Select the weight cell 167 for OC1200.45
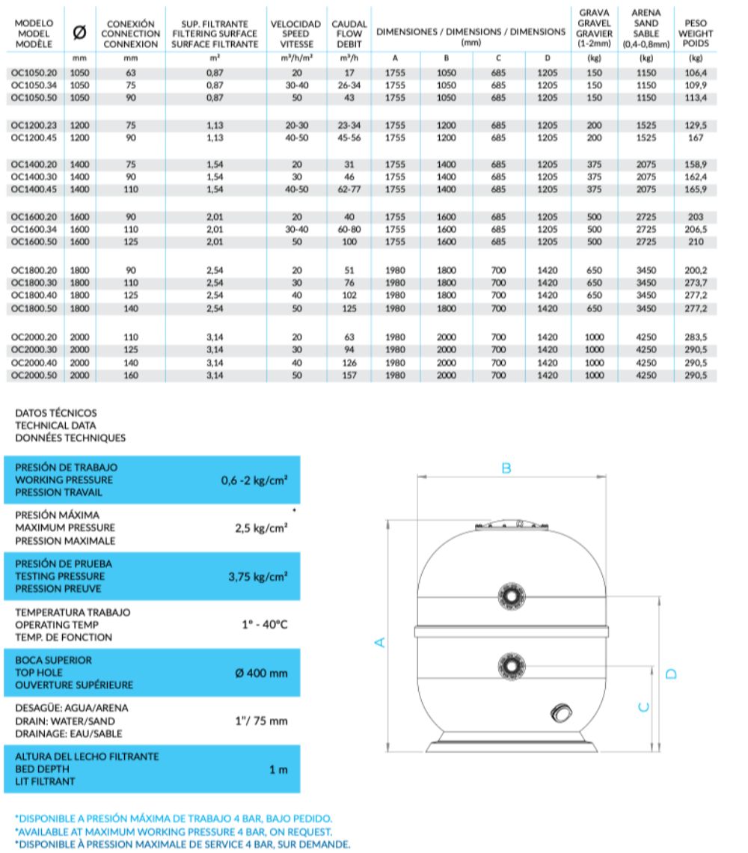point(696,138)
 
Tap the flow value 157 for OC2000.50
point(349,375)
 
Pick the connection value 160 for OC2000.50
point(131,375)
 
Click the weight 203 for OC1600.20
point(696,217)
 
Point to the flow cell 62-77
point(349,190)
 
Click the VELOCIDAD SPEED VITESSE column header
point(296,34)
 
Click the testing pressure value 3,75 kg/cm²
point(257,577)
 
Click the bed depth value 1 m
point(279,770)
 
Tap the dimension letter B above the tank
point(506,468)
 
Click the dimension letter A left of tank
point(379,642)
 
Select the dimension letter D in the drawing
point(670,673)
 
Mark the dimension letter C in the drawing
point(643,707)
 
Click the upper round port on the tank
point(512,596)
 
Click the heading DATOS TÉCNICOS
point(56,412)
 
